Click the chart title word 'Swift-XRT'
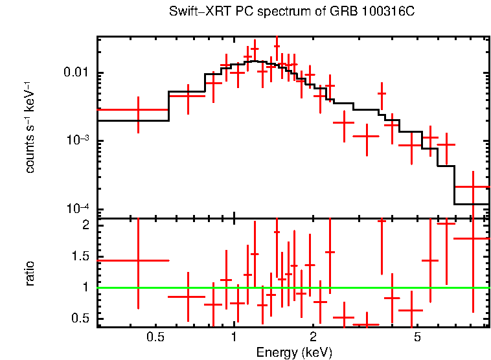coord(192,12)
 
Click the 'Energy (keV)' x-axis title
coord(294,353)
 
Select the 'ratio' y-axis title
coord(30,274)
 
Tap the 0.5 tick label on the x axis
coord(155,337)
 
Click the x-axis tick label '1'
coord(234,337)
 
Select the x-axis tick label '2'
coord(313,337)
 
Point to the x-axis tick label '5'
coord(417,337)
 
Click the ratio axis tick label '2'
coord(84,225)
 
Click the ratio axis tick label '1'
coord(84,287)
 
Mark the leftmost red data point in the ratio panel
coord(138,260)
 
